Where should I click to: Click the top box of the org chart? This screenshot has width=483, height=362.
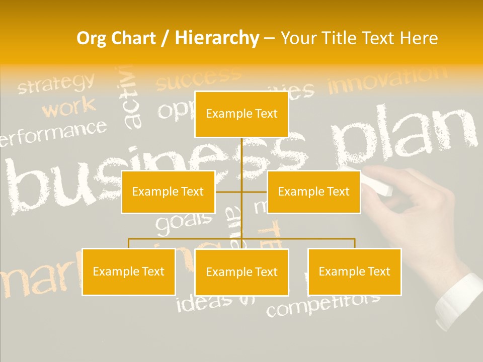tap(242, 114)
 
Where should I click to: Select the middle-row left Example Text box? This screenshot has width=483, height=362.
tap(168, 192)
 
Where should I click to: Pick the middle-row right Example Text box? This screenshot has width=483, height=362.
tap(313, 192)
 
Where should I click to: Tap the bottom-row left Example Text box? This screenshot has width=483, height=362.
tap(128, 271)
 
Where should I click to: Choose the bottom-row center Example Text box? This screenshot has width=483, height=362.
tap(242, 272)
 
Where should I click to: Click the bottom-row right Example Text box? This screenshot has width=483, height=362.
tap(354, 271)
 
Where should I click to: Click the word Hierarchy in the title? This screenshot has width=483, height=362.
tap(216, 38)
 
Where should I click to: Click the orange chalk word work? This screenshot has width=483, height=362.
tap(68, 107)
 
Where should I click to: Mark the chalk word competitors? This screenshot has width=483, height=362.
tap(323, 303)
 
